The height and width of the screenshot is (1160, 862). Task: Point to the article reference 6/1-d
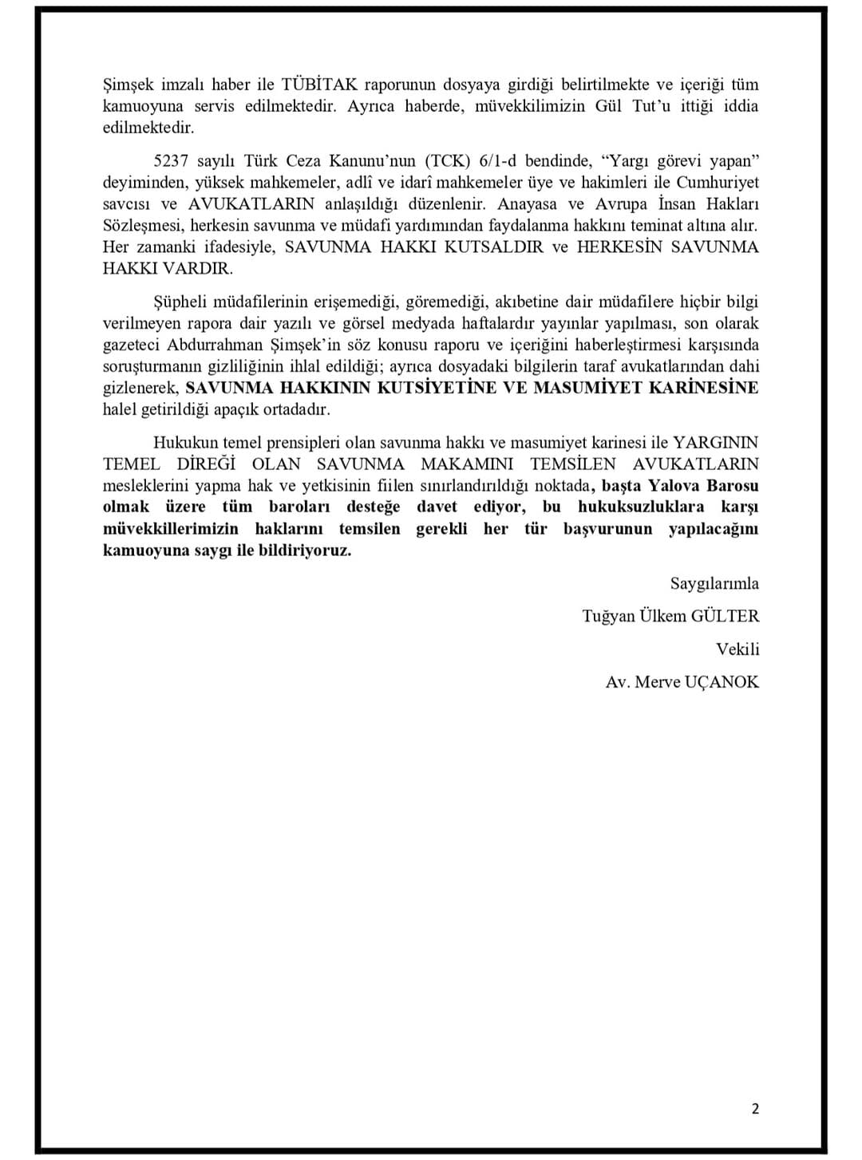(499, 160)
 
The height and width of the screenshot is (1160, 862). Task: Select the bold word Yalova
(674, 486)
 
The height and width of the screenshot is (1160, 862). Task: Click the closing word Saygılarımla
(714, 583)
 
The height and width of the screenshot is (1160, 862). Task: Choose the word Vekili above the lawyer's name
(737, 649)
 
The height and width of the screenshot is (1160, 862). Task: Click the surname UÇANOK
(722, 681)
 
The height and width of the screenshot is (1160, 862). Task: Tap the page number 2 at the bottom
(755, 1108)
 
